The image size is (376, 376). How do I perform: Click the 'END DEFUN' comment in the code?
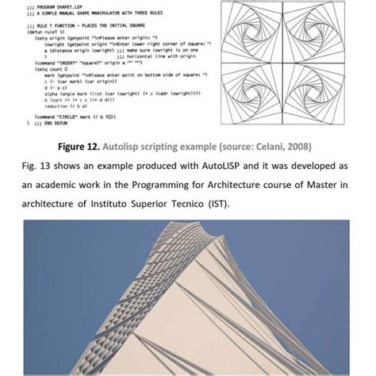coord(47,124)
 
